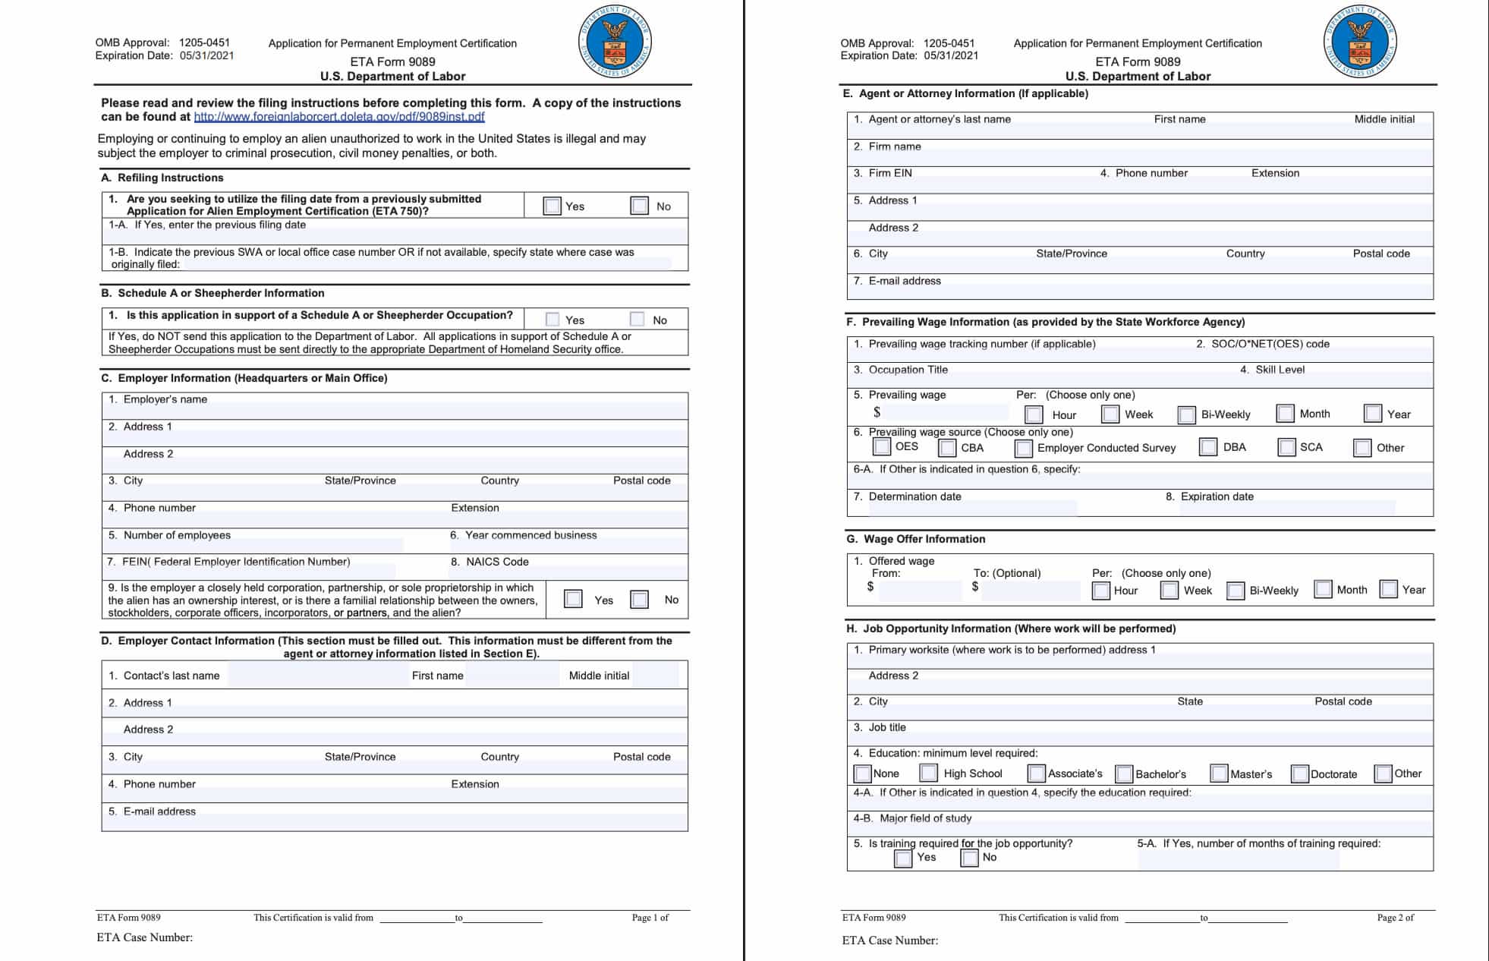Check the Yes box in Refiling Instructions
click(552, 206)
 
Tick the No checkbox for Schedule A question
click(637, 320)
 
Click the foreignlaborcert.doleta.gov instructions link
click(339, 117)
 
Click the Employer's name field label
click(165, 399)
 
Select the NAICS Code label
click(497, 562)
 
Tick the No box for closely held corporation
click(640, 600)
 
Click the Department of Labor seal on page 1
click(615, 41)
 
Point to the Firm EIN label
click(890, 173)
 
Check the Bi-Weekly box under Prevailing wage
click(1187, 414)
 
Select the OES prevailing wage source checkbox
click(882, 446)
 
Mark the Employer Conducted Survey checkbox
click(1024, 448)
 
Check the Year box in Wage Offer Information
click(1389, 589)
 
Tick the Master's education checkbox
click(1220, 774)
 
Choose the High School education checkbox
click(929, 773)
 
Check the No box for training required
click(970, 858)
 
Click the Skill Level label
click(1280, 370)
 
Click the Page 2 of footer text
click(1396, 918)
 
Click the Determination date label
click(914, 496)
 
